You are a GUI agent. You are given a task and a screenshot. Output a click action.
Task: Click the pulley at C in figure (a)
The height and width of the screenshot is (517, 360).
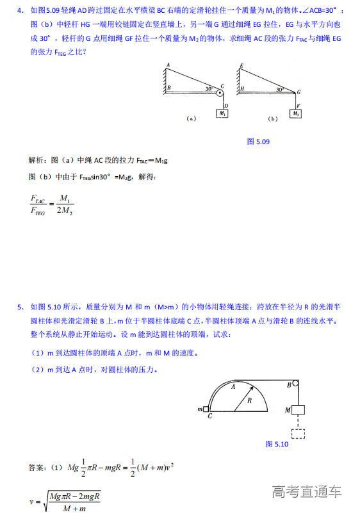click(220, 94)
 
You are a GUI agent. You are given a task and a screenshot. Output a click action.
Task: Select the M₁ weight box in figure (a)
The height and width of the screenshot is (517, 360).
click(222, 113)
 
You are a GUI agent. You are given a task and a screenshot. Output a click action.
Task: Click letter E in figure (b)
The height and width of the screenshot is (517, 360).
click(241, 65)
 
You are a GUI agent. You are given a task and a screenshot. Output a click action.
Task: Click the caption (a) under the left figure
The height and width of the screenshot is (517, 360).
click(190, 119)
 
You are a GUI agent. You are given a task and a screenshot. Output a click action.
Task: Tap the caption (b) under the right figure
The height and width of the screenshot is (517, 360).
click(273, 119)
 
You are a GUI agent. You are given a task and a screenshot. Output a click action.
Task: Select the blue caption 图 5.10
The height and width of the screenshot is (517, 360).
click(277, 443)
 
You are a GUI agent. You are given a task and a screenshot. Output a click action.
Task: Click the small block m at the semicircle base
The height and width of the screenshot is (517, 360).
click(206, 409)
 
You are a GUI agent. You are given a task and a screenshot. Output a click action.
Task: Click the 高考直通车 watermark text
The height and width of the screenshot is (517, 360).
click(307, 492)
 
